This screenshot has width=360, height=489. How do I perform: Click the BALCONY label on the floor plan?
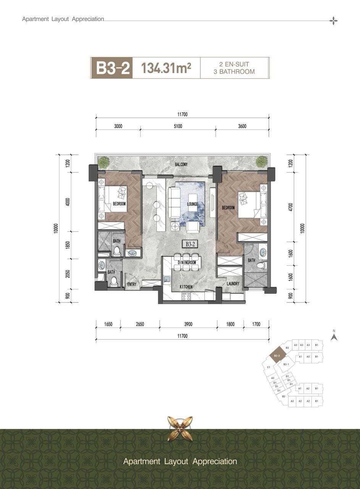point(181,164)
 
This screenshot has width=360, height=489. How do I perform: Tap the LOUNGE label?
point(192,204)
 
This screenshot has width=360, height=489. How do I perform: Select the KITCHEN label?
point(186,287)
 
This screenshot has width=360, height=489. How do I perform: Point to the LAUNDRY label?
point(233,284)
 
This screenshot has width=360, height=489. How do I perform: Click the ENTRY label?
point(132,284)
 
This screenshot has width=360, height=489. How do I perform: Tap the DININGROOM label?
point(187,262)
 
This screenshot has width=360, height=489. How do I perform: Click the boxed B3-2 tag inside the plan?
point(190,244)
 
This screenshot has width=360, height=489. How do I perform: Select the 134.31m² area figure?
point(166,68)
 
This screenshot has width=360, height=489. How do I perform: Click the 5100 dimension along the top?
point(178,126)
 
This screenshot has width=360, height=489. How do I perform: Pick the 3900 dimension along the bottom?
point(188,324)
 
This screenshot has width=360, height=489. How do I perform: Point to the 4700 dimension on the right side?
point(291,207)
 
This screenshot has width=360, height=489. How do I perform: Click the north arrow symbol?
point(334,337)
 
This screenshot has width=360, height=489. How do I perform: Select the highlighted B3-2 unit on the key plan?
point(277,356)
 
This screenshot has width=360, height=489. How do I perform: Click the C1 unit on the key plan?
point(268,367)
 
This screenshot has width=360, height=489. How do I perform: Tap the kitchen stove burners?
point(186,297)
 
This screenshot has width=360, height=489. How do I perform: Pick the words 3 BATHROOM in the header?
point(234,71)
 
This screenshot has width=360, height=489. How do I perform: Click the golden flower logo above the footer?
point(180,429)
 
